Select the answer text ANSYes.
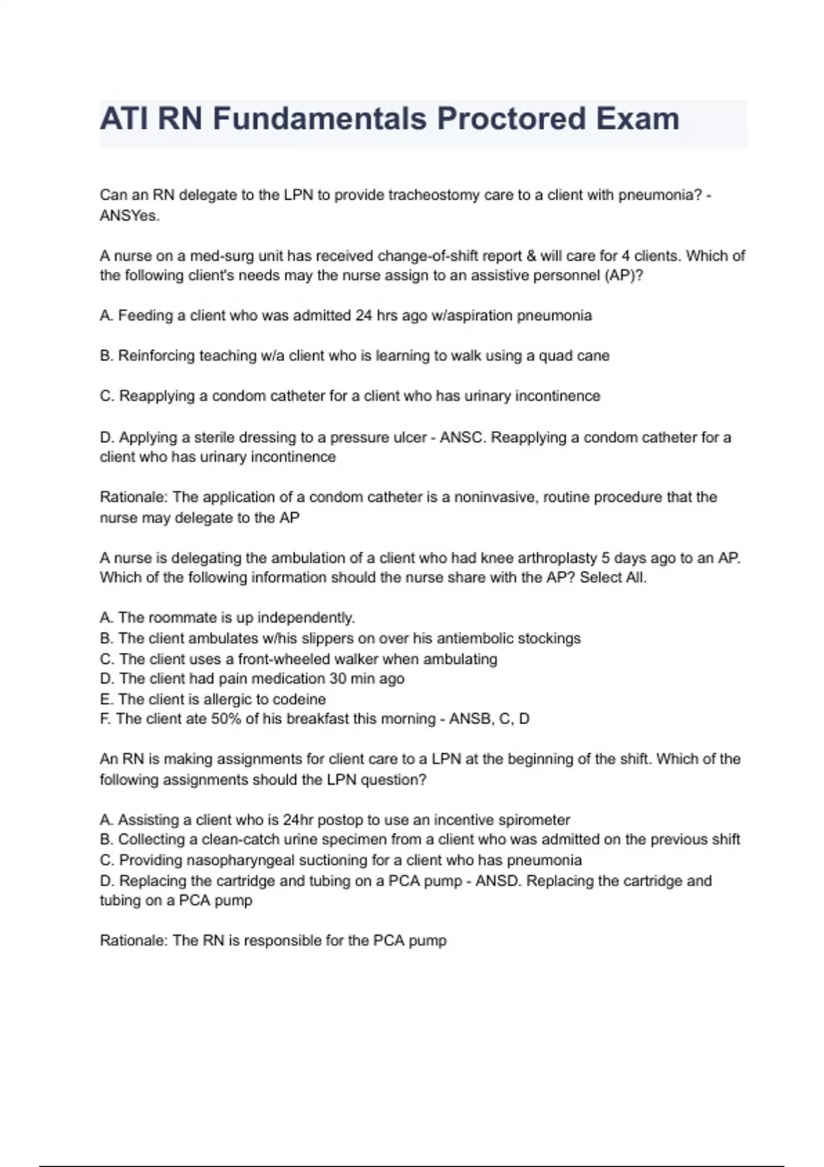[x=130, y=216]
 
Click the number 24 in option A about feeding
[x=363, y=316]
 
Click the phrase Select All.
[x=613, y=577]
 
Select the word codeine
[x=299, y=700]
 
